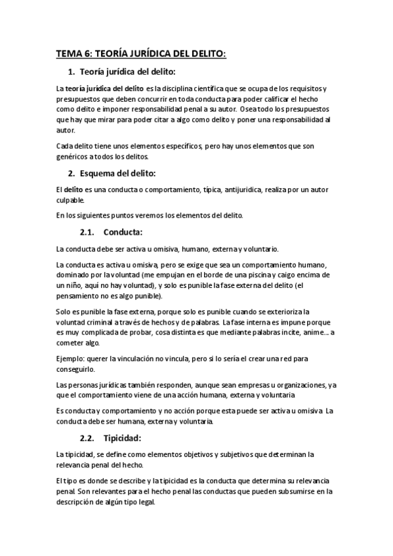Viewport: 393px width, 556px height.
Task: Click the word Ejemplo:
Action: click(73, 359)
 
